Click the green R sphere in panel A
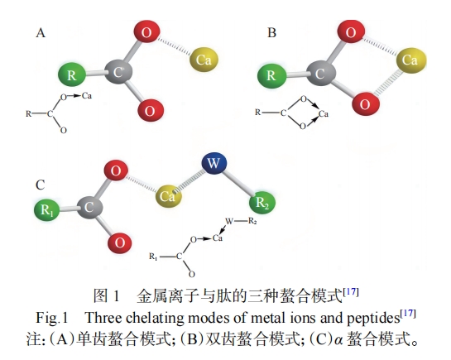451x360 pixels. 72,74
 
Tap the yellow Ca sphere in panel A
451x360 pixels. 204,60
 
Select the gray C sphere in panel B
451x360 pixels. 320,74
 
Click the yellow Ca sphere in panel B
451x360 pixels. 411,60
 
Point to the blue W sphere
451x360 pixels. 214,163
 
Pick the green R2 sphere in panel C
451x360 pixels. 262,202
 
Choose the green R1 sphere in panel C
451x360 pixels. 46,209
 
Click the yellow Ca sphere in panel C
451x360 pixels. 168,196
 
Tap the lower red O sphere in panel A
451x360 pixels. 151,110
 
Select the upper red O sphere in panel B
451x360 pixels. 351,31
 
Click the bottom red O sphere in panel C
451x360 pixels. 120,243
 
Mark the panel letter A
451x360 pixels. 41,33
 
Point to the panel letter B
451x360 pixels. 271,33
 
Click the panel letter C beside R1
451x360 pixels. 40,185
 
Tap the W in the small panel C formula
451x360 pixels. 229,221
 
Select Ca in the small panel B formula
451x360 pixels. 324,114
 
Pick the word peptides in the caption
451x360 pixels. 373,318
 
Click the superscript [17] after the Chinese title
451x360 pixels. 351,292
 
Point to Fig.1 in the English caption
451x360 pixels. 51,318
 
